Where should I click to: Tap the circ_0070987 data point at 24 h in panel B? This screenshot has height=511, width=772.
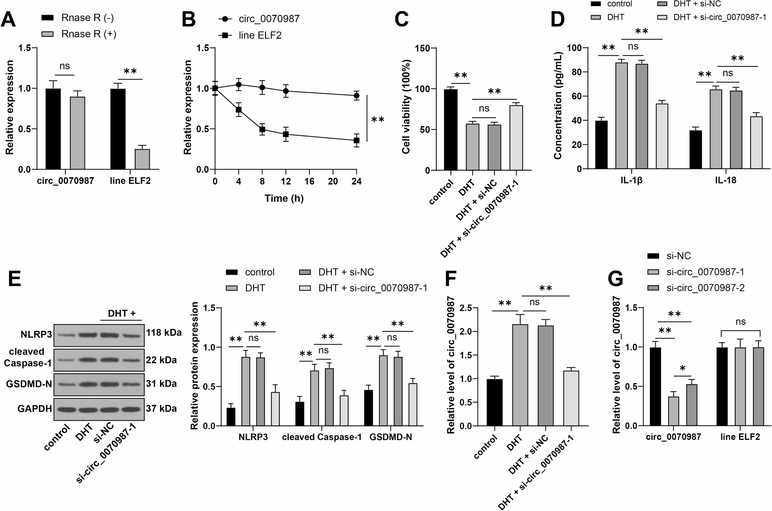[x=356, y=96]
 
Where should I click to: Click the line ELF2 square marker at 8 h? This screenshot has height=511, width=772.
[x=262, y=129]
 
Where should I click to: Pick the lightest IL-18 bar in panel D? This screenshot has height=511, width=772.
[x=756, y=142]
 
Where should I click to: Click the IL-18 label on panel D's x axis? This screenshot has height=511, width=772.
[x=725, y=180]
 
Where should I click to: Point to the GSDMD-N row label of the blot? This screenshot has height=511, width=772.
[x=29, y=384]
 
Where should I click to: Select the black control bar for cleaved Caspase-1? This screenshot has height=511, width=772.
[x=300, y=414]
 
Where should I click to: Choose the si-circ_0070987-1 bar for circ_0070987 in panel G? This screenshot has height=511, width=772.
[x=673, y=411]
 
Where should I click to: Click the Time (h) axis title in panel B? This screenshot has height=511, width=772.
[x=284, y=198]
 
